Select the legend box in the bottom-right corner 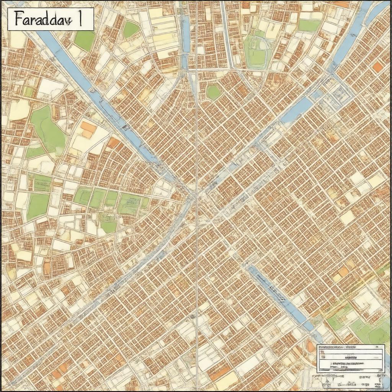pyautogui.click(x=350, y=358)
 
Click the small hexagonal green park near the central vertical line pyautogui.click(x=213, y=92)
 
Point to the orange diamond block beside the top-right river pyautogui.click(x=377, y=67)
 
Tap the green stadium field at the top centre pyautogui.click(x=257, y=56)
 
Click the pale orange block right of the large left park pyautogui.click(x=88, y=129)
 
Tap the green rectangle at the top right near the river pyautogui.click(x=309, y=26)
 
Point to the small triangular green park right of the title pyautogui.click(x=130, y=29)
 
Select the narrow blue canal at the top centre pyautogui.click(x=185, y=34)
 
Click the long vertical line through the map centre pyautogui.click(x=196, y=230)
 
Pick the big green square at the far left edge pyautogui.click(x=38, y=206)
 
